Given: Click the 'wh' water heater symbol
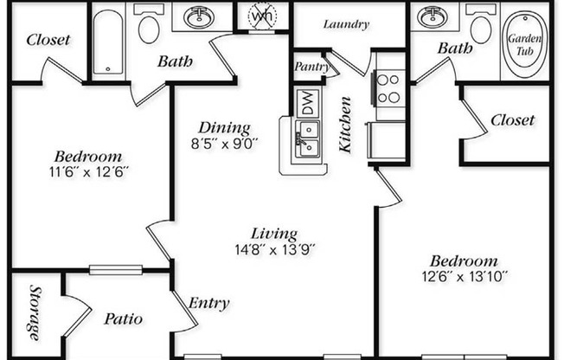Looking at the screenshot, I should [x=263, y=16].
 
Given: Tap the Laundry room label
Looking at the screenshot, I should [x=346, y=24].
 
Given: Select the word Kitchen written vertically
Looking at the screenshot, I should [x=346, y=126].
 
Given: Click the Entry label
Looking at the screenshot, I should [x=209, y=303].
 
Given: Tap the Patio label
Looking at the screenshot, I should [x=124, y=319].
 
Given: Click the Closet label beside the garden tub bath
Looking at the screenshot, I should [x=512, y=120].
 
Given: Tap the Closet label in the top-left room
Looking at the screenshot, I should [x=48, y=40].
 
